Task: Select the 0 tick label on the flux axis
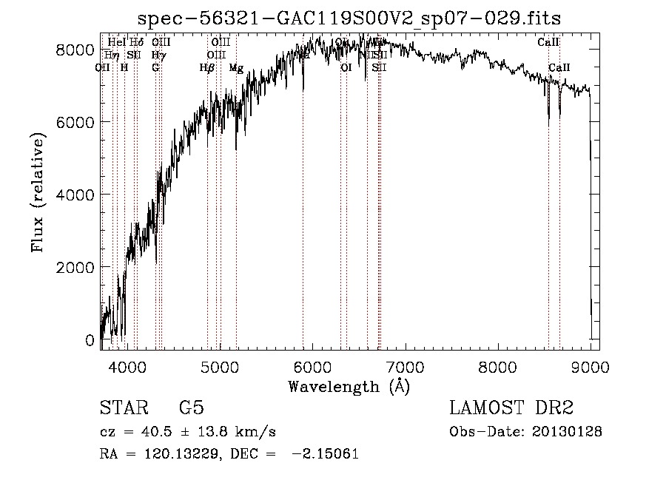click(90, 340)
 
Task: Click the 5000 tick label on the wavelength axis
click(220, 365)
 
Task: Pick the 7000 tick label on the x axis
click(405, 365)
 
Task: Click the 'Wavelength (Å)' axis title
click(349, 386)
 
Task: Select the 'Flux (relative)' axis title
click(38, 195)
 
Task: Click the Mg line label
click(236, 68)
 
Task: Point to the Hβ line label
click(207, 68)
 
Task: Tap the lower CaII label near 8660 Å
click(559, 68)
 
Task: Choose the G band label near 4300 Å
click(155, 68)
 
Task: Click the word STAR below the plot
click(123, 409)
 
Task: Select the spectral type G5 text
click(191, 409)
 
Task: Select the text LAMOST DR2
click(511, 409)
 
